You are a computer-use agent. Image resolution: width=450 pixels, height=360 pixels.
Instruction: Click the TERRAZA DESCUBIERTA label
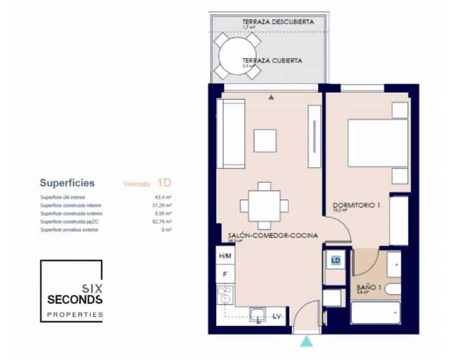277,22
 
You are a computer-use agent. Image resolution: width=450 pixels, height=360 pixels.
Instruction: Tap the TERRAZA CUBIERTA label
272,60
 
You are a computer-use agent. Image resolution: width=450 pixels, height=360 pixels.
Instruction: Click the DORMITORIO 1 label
357,206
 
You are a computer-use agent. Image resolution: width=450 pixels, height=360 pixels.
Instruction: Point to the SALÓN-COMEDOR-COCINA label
273,235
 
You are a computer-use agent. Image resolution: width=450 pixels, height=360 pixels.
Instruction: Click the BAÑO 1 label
370,287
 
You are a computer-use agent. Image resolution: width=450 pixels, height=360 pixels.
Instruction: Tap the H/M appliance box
225,256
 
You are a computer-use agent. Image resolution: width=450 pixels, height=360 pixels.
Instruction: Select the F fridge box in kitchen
225,274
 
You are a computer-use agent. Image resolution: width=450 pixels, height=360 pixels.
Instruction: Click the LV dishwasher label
277,317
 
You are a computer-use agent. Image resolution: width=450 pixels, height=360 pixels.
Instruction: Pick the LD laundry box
336,260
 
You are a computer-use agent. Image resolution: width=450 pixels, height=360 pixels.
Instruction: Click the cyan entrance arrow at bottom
306,341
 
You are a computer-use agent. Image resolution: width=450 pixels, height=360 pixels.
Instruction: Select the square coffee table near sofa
265,141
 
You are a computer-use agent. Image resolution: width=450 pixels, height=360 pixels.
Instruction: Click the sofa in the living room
232,133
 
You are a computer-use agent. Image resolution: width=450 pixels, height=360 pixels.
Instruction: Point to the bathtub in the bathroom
375,313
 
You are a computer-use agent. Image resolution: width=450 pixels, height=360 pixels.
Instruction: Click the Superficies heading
67,183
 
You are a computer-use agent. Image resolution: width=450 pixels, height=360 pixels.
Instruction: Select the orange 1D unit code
164,182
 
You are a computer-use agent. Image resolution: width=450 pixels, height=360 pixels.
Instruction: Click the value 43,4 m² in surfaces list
163,197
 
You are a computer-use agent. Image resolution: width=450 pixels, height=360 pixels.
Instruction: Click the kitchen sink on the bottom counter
259,315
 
